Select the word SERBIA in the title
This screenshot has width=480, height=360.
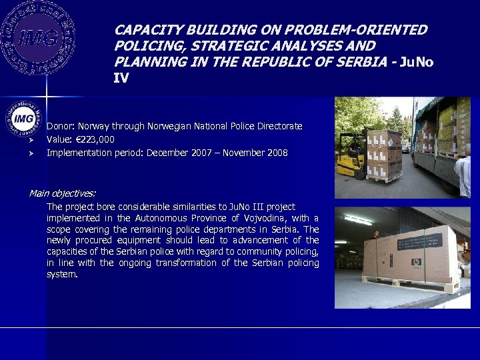(365, 62)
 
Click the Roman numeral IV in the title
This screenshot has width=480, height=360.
(121, 78)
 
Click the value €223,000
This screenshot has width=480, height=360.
(96, 139)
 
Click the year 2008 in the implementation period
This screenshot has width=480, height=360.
(277, 153)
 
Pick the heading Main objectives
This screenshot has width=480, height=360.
(62, 193)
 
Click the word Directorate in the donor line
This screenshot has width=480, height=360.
(279, 126)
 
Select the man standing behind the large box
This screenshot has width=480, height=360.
(375, 236)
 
